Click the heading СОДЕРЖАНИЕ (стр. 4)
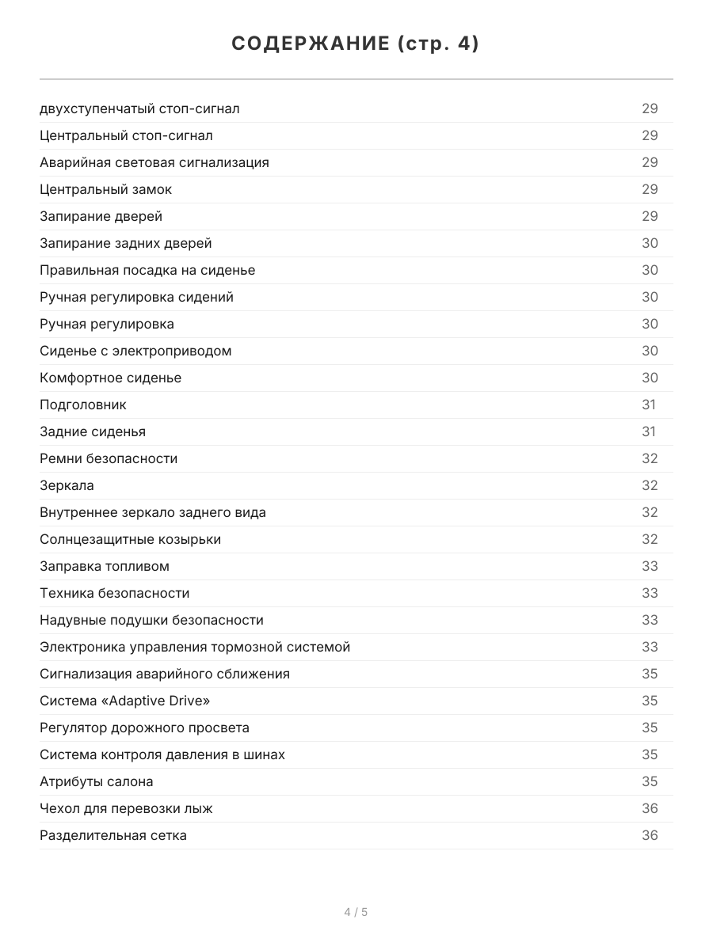tap(356, 44)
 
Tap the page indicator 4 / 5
tap(356, 912)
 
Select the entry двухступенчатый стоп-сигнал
tap(139, 108)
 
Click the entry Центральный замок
tap(105, 189)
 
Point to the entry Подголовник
tap(83, 405)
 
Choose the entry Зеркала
tap(67, 485)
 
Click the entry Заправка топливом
tap(105, 566)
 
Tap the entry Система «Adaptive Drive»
tap(125, 701)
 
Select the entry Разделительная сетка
tap(113, 835)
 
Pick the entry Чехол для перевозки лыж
tap(126, 808)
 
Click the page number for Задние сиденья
tap(649, 431)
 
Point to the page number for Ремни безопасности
tap(650, 458)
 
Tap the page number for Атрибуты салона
tap(650, 781)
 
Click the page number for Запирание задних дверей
tap(650, 243)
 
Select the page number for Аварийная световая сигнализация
tap(650, 162)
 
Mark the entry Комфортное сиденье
tap(110, 378)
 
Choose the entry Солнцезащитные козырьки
tap(130, 539)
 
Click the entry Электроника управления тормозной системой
tap(195, 647)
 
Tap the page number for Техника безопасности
tap(650, 593)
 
